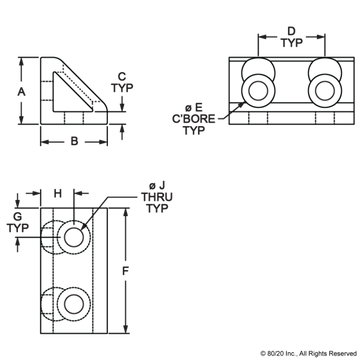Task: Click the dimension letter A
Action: [x=21, y=91]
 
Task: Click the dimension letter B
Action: [x=74, y=141]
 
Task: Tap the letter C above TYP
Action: [x=122, y=76]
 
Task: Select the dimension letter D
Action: [x=291, y=31]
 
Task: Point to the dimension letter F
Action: [x=125, y=271]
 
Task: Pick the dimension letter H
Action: [x=58, y=193]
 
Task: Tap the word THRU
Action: [x=156, y=197]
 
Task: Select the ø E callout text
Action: [x=194, y=107]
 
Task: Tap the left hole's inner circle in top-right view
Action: [x=258, y=91]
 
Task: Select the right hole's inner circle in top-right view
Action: [x=324, y=91]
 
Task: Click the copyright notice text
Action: [x=308, y=353]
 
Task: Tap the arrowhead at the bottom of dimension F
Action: [x=126, y=329]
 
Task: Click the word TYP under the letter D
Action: [x=291, y=43]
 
